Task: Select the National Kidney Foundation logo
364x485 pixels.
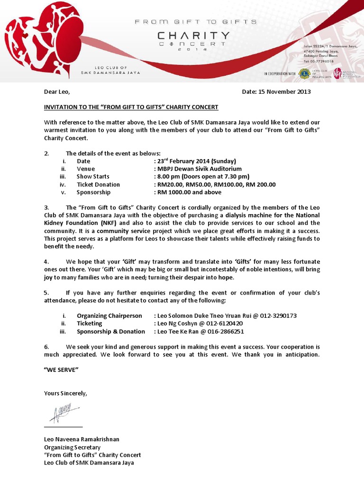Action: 337,73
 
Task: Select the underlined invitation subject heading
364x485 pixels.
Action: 131,108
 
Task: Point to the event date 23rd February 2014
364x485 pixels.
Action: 195,161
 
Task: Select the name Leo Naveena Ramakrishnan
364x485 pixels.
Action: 82,440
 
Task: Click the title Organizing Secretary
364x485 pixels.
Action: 72,447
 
